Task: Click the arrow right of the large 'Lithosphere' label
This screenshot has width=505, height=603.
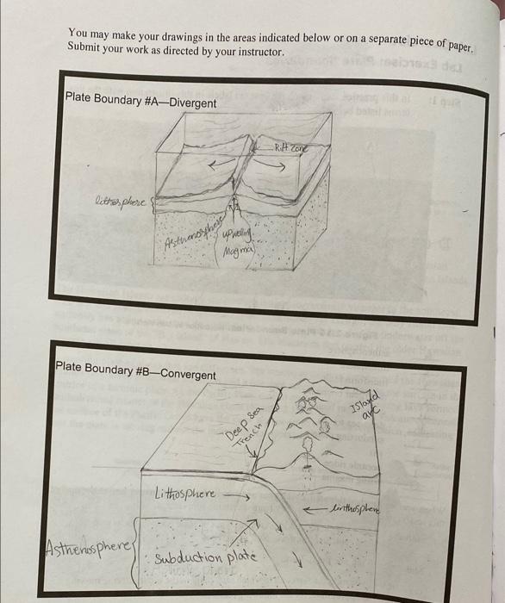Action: (x=236, y=496)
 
